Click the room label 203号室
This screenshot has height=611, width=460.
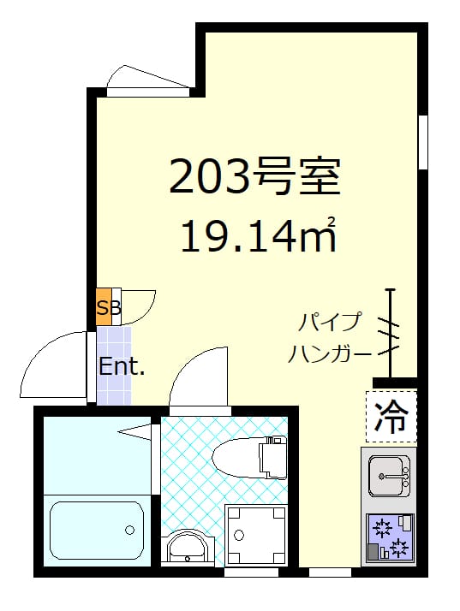pyautogui.click(x=254, y=177)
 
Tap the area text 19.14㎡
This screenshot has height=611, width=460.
pyautogui.click(x=256, y=235)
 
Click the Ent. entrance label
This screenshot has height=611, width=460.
pyautogui.click(x=122, y=368)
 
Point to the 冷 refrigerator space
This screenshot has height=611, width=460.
pyautogui.click(x=391, y=416)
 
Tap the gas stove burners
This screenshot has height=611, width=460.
pyautogui.click(x=389, y=536)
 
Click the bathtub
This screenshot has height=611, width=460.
pyautogui.click(x=95, y=531)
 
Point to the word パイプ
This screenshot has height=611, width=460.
pyautogui.click(x=330, y=323)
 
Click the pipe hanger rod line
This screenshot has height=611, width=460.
pyautogui.click(x=391, y=334)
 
